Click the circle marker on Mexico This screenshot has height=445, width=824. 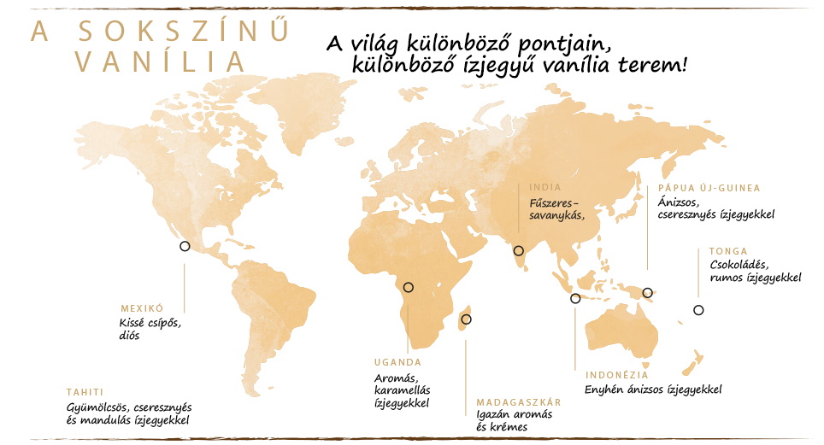point(185,246)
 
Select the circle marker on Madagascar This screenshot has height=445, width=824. point(466,319)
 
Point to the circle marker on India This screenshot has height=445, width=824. point(518,250)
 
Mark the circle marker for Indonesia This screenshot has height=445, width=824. point(575,298)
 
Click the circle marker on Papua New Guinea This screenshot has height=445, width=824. point(648,292)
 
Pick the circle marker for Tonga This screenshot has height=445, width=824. point(698,310)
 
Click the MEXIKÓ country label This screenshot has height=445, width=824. point(142,308)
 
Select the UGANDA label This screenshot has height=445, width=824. point(398,362)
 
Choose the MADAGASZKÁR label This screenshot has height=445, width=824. point(519,401)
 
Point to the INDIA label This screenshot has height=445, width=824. point(545,187)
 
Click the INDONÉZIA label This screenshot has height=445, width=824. point(616,375)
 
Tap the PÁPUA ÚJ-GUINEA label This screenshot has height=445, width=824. point(709,188)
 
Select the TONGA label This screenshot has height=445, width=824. point(728,251)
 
